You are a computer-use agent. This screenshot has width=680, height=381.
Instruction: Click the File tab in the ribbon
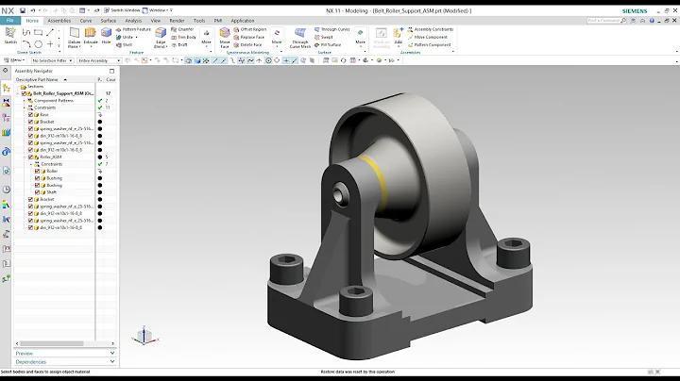click(x=9, y=20)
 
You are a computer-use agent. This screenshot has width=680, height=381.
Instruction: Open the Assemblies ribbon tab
click(x=60, y=20)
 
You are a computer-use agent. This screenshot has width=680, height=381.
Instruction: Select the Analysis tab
click(x=133, y=20)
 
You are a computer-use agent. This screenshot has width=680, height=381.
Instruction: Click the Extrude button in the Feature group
click(x=90, y=39)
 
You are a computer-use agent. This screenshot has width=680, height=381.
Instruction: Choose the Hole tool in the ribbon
click(x=107, y=39)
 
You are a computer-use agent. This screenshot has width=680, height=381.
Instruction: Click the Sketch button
click(x=10, y=39)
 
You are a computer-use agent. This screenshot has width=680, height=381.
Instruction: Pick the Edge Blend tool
click(x=160, y=39)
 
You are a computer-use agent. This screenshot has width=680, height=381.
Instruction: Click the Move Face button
click(x=225, y=39)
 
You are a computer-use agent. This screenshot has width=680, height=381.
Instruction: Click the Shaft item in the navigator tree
click(x=53, y=191)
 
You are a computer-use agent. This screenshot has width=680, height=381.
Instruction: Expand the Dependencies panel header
click(x=31, y=361)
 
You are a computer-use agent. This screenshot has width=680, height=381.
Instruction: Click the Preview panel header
click(x=25, y=353)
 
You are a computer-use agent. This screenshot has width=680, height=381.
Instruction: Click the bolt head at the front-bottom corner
click(x=351, y=295)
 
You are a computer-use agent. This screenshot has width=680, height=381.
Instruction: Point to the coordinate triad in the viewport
click(x=143, y=335)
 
